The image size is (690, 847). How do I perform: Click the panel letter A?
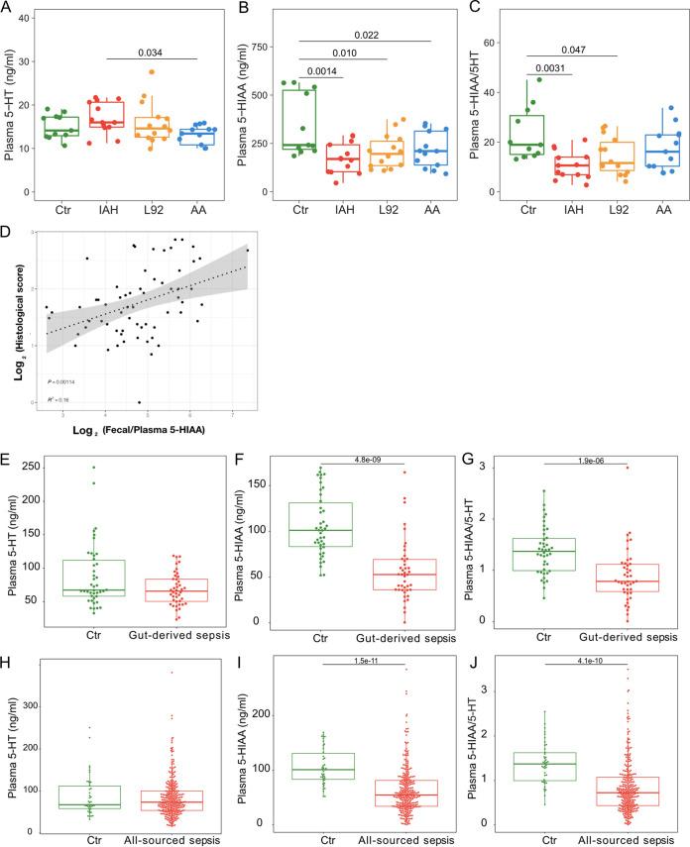click(9, 10)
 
